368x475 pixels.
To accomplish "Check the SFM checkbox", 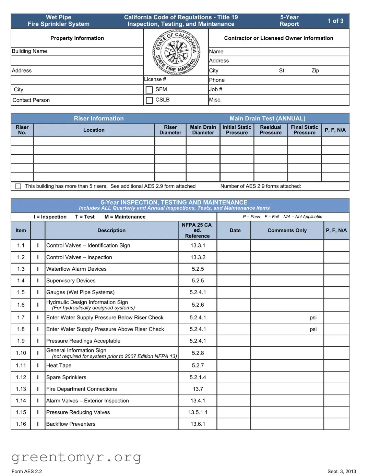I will click(x=149, y=90).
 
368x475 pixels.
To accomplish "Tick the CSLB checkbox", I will click(x=149, y=100).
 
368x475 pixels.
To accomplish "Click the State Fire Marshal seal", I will click(x=176, y=52).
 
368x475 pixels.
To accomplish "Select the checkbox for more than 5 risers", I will click(x=18, y=186).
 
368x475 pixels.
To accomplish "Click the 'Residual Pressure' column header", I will click(x=271, y=130).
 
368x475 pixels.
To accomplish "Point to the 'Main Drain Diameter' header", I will click(x=203, y=130).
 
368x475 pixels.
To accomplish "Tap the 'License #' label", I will click(x=155, y=79).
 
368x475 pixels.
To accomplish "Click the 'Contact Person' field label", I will click(x=31, y=100).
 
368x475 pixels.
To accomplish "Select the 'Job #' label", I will click(x=216, y=89).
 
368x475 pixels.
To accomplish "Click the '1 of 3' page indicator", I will click(x=335, y=21).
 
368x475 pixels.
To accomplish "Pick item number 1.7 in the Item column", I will click(x=21, y=318).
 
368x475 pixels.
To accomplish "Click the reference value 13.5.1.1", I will click(x=198, y=412).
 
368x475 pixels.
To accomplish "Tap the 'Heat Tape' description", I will click(x=59, y=365).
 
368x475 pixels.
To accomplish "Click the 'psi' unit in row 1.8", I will click(x=313, y=329).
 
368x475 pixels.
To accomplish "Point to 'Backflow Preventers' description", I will click(x=71, y=424).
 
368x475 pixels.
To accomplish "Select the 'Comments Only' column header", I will click(x=287, y=231).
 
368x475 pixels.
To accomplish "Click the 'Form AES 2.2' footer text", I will click(x=27, y=471).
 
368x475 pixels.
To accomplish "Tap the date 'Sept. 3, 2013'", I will click(x=342, y=471).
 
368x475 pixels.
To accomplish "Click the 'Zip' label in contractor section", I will click(x=315, y=70).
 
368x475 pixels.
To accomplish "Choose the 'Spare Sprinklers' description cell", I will click(x=66, y=377).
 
